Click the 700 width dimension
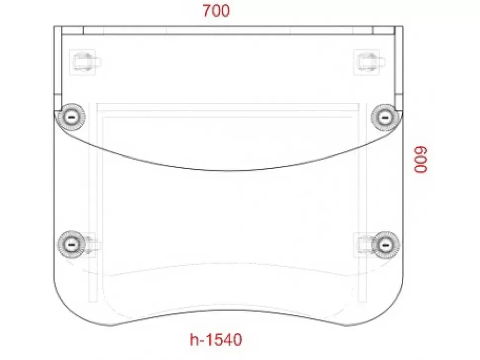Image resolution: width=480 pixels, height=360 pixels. (x=216, y=11)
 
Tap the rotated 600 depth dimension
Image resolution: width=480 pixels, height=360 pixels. (x=421, y=160)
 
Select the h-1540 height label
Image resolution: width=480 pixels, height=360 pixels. (x=216, y=340)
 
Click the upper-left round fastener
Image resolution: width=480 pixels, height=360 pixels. (x=72, y=117)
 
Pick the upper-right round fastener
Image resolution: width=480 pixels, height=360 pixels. (x=385, y=117)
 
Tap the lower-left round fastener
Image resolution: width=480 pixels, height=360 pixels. (x=72, y=245)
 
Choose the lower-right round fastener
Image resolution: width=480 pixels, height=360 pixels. (x=385, y=245)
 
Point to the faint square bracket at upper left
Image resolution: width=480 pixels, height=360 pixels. (x=83, y=62)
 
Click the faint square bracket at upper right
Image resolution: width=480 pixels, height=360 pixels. (x=367, y=62)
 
